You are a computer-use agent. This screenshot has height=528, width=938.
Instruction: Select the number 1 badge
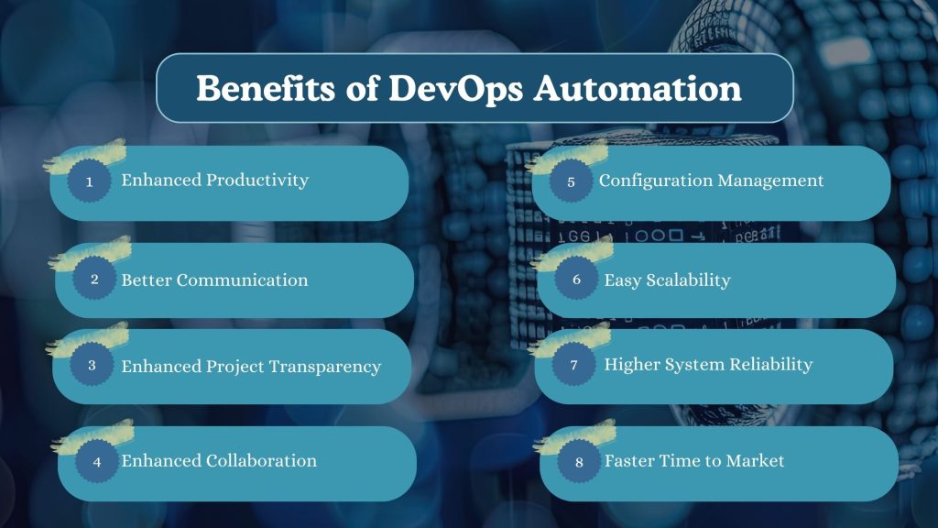click(90, 181)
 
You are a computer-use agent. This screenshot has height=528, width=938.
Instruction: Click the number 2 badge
click(94, 280)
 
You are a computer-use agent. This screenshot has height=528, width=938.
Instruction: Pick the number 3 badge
click(92, 365)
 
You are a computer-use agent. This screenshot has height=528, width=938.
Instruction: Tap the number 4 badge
click(97, 462)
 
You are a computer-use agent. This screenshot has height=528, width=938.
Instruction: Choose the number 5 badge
click(571, 181)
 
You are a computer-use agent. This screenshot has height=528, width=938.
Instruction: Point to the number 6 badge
click(576, 280)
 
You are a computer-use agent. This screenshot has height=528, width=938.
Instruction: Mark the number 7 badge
click(573, 365)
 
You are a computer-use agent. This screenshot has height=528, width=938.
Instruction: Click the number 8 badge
click(579, 462)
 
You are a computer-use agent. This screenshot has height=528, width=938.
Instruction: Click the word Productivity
click(257, 181)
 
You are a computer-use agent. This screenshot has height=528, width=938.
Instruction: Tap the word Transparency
click(325, 367)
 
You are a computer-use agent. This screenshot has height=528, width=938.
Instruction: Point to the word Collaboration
click(262, 461)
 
